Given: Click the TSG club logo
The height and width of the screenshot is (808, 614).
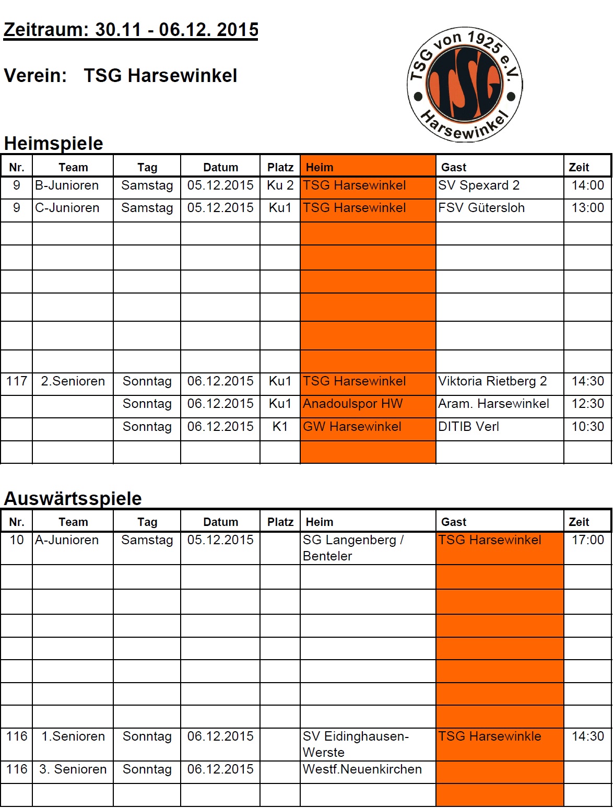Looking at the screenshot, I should click(464, 84).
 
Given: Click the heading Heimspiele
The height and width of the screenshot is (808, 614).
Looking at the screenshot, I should click(53, 143).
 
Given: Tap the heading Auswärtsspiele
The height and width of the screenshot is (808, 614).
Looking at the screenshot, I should click(73, 498).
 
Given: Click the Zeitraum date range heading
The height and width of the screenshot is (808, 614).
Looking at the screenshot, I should click(131, 30).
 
